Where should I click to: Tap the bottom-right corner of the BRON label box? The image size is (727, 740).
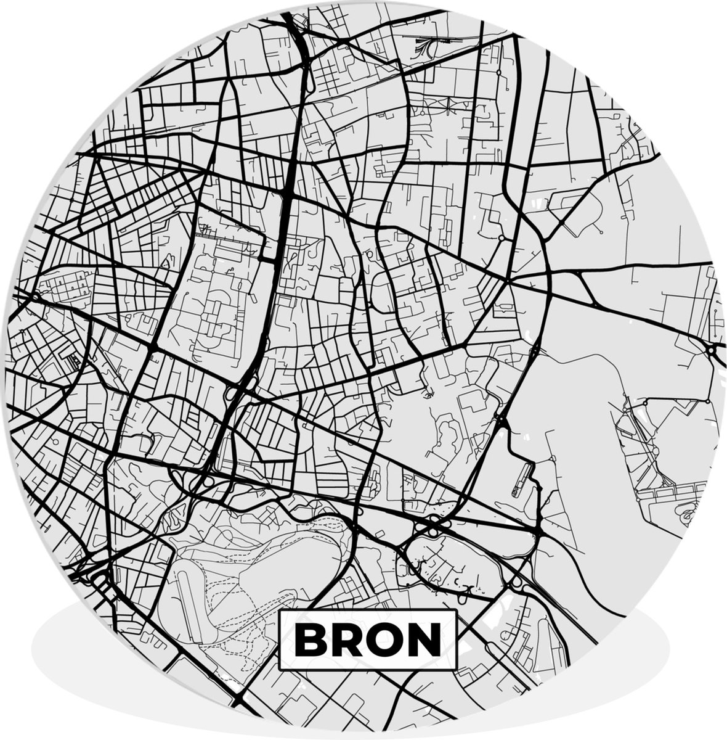point(456,670)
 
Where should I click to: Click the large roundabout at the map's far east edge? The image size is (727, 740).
point(713,352)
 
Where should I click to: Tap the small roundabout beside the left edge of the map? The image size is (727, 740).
point(35,297)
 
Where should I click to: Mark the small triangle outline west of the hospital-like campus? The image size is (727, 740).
point(165,263)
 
